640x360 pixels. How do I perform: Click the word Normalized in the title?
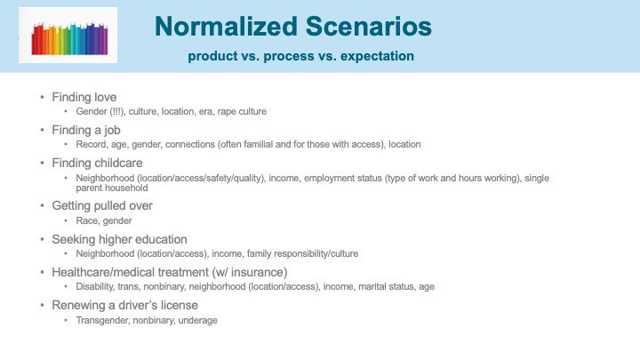point(226,27)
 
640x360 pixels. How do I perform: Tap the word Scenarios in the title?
point(369,27)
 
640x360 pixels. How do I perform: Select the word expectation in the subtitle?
point(377,56)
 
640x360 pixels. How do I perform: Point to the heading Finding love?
point(84,97)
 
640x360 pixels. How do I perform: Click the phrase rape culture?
point(242,111)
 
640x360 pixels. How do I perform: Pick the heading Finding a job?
point(86,130)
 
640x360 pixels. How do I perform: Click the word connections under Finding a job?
point(190,145)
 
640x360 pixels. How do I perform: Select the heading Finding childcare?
point(97,163)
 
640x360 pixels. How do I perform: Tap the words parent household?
point(112,188)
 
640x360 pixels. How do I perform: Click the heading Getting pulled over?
point(102,205)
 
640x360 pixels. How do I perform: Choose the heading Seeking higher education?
point(119,239)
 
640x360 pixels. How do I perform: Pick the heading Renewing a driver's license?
point(125,305)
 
